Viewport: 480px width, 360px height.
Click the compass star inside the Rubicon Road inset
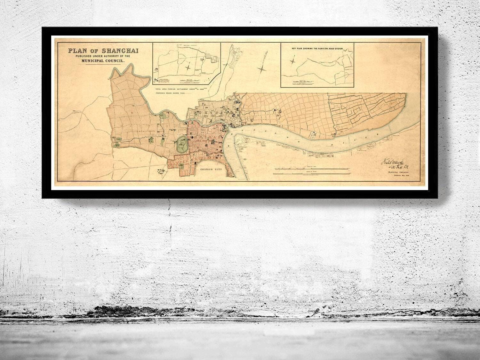(293, 60)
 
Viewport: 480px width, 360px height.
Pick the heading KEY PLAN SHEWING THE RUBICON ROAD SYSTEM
(317, 48)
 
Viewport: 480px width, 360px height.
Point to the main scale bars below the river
(307, 171)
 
